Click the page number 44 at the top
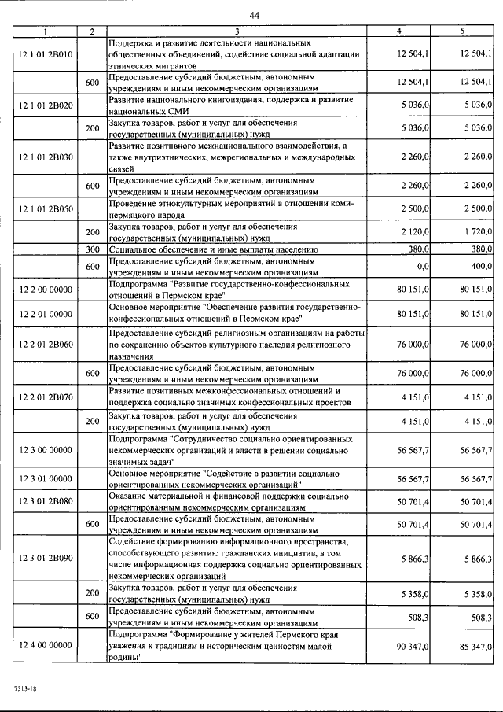[254, 16]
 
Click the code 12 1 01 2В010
[45, 53]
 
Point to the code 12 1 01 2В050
[45, 208]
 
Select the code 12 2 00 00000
[45, 291]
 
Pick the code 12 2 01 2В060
[45, 343]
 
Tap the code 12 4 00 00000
[45, 645]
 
